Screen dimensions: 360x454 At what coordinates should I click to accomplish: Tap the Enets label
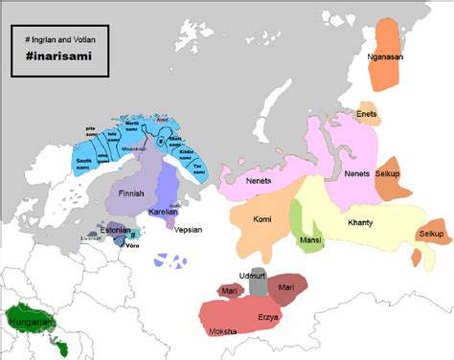click(x=367, y=114)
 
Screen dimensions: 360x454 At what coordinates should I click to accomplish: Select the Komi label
click(x=262, y=219)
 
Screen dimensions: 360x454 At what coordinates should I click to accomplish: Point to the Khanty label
click(x=360, y=223)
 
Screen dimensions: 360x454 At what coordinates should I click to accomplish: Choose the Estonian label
click(x=115, y=230)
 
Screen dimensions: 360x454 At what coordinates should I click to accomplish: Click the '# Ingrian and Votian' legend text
click(x=60, y=38)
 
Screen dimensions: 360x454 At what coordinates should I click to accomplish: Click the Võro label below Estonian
click(x=131, y=245)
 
